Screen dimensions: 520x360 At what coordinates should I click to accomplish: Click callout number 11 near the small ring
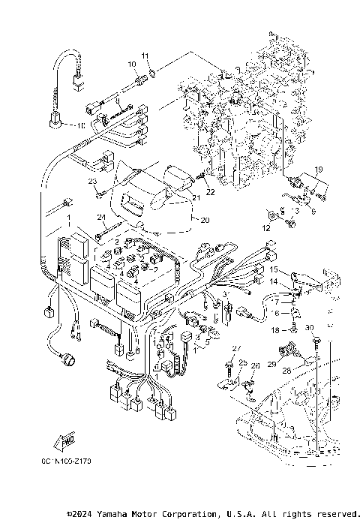click(x=146, y=55)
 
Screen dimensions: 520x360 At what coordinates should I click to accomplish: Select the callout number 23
click(x=93, y=182)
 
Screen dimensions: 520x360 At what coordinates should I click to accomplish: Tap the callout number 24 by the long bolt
click(x=100, y=217)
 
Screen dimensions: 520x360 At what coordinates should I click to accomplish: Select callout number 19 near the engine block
click(x=318, y=169)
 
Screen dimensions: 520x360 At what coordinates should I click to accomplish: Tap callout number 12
click(x=265, y=227)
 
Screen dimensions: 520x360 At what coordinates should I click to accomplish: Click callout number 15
click(x=275, y=269)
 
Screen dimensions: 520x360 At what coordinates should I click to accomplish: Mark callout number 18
click(x=274, y=329)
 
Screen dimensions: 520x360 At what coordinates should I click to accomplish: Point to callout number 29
click(x=272, y=363)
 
